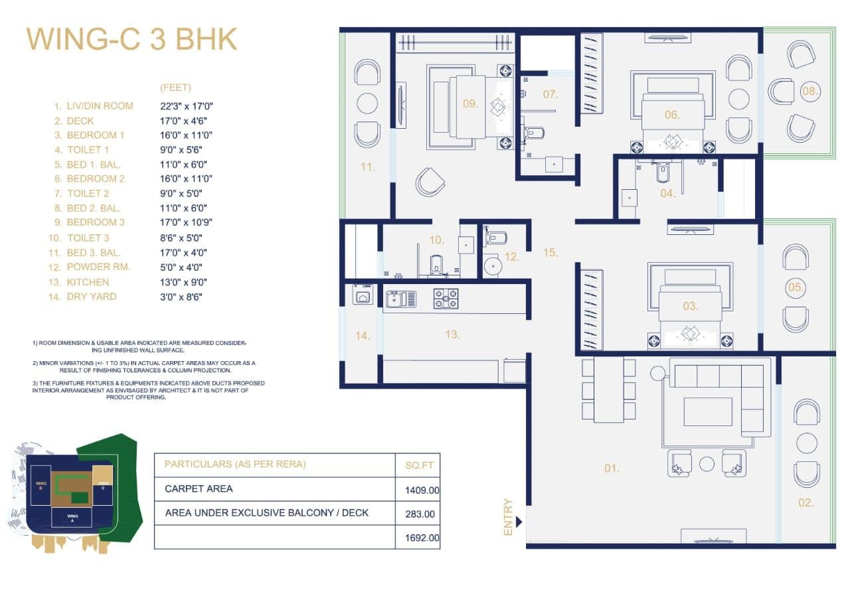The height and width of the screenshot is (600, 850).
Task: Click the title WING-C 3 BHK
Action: [x=131, y=39]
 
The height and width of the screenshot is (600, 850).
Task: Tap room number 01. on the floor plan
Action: [x=611, y=469]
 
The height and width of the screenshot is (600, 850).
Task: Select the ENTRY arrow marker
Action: [x=519, y=522]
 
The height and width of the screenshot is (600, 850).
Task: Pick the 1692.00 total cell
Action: [x=423, y=538]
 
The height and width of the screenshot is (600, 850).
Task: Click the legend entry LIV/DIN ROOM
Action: [x=100, y=106]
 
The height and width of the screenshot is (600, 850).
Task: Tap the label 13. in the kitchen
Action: [x=452, y=335]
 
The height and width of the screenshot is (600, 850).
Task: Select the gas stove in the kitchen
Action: [x=446, y=298]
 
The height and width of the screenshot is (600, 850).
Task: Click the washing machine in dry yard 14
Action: [x=363, y=295]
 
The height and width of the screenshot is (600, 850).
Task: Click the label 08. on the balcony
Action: [x=809, y=92]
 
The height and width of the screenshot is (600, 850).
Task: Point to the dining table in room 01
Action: [x=609, y=390]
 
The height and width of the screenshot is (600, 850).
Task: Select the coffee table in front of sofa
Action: [x=707, y=412]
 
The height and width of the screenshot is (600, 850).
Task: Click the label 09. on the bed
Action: [x=470, y=104]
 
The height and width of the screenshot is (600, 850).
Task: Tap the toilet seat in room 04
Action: [x=663, y=173]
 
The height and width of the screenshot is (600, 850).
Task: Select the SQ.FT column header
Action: [x=418, y=465]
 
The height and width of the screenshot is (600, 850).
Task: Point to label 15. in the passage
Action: [x=550, y=252]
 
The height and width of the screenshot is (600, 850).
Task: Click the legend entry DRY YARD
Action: [x=92, y=297]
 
